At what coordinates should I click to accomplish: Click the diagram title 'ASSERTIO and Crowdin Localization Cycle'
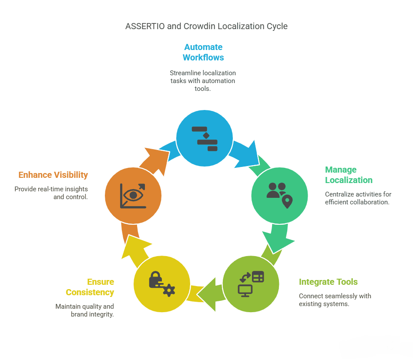coord(206,27)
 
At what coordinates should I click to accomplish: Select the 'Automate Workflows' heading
coord(203,52)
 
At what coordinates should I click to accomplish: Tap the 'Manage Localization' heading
coord(349,175)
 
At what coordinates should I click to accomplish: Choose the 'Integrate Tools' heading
coord(328,282)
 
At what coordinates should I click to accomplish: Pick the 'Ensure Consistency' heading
coord(90,287)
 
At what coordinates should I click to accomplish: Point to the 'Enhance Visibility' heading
coord(53,175)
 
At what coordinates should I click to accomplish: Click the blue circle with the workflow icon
coord(205,138)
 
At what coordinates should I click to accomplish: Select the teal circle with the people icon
coord(279,196)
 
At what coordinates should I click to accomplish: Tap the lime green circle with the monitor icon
coord(251,284)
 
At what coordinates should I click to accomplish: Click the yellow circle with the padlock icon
coord(162,284)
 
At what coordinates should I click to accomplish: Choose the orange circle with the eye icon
coord(133,196)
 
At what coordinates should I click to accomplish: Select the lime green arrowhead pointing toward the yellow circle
coord(208,294)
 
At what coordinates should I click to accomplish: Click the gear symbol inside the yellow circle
coord(169,290)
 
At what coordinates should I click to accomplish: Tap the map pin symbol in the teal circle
coord(287,202)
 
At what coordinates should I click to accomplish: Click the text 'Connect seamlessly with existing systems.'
coord(335,300)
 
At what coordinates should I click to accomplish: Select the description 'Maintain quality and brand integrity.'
coord(84,310)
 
